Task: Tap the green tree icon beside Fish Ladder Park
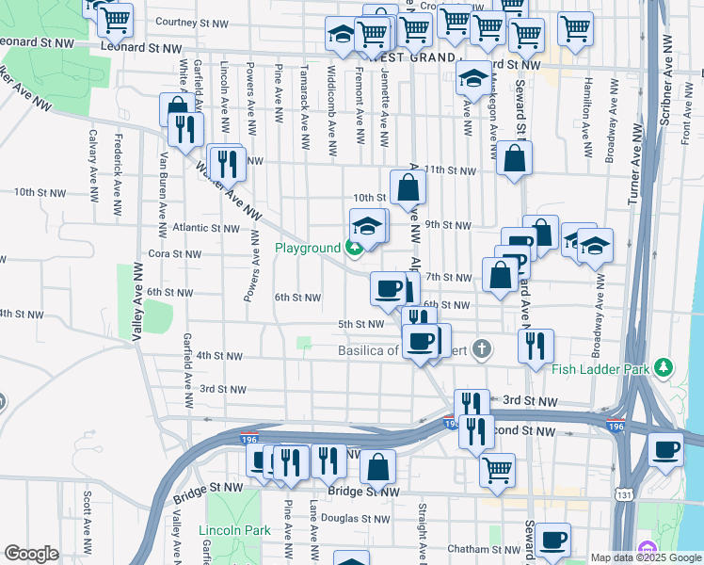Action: pyautogui.click(x=664, y=366)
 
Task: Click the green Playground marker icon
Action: pyautogui.click(x=354, y=249)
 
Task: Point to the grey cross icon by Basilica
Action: pyautogui.click(x=482, y=351)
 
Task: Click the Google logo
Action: pyautogui.click(x=31, y=554)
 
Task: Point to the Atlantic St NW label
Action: pyautogui.click(x=206, y=228)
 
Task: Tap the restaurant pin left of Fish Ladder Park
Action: pyautogui.click(x=536, y=345)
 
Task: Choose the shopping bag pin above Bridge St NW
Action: pyautogui.click(x=377, y=465)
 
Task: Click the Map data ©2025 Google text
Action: pyautogui.click(x=645, y=557)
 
